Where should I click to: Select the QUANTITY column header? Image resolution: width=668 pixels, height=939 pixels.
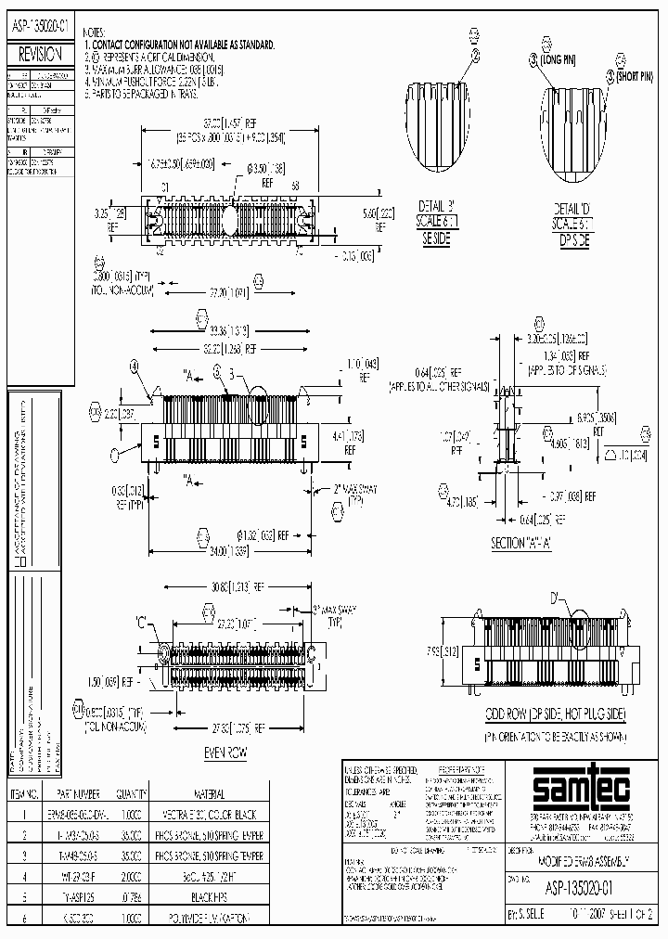[x=131, y=794]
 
